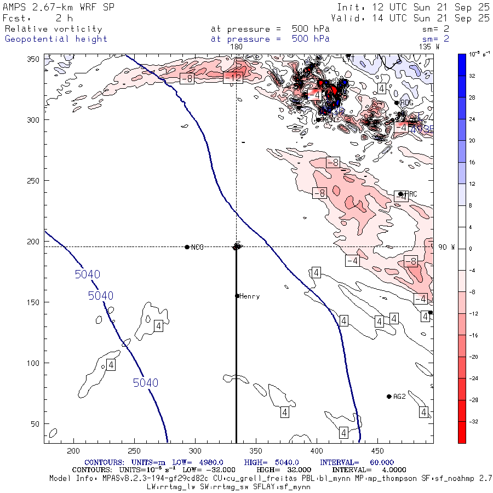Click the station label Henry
pos(249,296)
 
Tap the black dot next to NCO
pos(187,247)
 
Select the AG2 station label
pos(399,397)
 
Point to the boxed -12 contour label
pos(233,78)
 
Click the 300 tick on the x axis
pos(194,451)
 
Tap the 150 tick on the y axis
pos(33,302)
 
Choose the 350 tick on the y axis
pos(33,59)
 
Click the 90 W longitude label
pos(446,247)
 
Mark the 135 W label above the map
pos(429,47)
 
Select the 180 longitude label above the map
pos(236,47)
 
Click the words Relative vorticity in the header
pos(54,29)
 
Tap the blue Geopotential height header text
pos(56,39)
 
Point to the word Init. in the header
pos(348,8)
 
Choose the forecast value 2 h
pos(64,18)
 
